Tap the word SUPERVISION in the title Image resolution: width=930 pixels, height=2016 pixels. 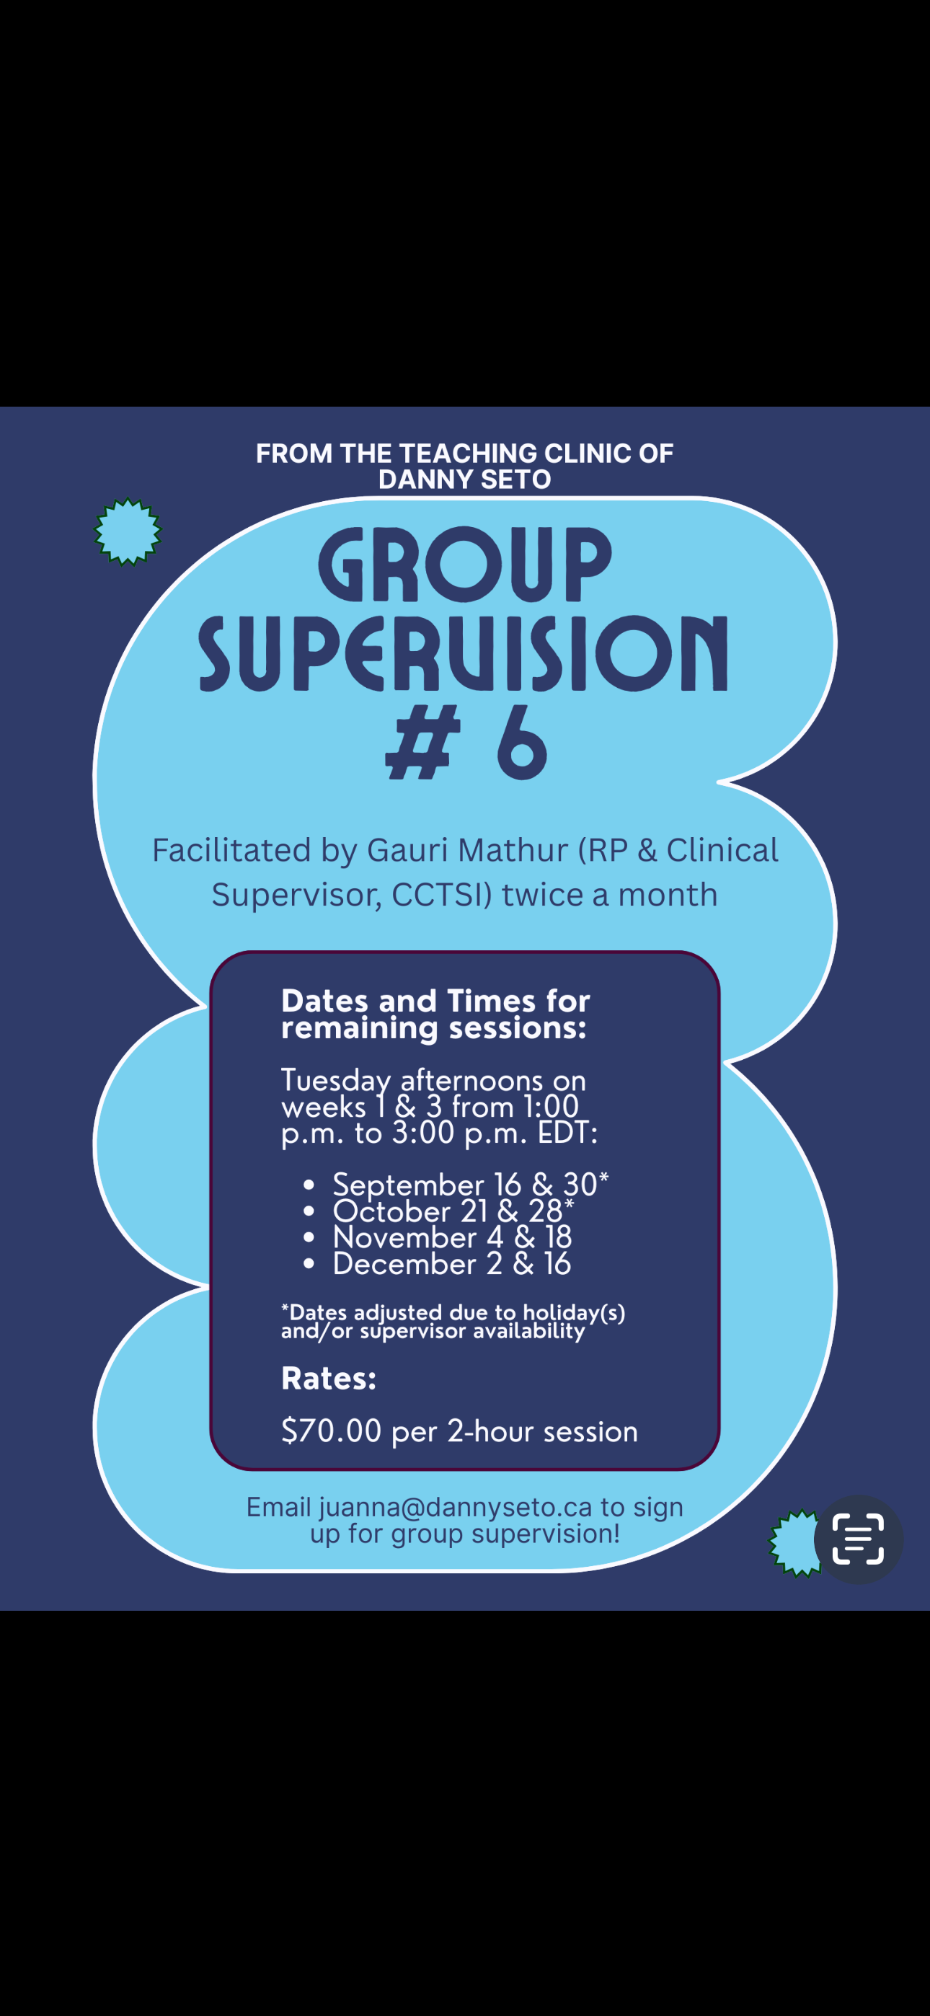tap(464, 653)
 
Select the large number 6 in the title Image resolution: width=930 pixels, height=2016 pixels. tap(521, 743)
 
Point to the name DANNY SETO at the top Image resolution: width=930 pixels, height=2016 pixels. tap(464, 479)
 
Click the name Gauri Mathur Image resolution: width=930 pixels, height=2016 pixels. tap(467, 850)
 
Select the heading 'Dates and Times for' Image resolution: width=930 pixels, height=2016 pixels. tap(435, 1001)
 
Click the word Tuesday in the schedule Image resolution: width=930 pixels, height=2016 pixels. tap(336, 1082)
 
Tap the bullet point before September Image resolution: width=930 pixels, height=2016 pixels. tap(309, 1185)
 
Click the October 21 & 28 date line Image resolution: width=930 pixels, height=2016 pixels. tap(453, 1211)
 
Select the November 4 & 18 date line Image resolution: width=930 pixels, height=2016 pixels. tap(453, 1237)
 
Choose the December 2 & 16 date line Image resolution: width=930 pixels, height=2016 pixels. tap(452, 1264)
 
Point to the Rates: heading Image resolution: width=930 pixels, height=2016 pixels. tap(329, 1379)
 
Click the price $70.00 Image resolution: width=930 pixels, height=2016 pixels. tap(331, 1431)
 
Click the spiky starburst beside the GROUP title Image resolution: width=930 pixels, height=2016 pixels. tap(128, 531)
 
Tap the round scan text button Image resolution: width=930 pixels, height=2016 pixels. tap(859, 1539)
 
